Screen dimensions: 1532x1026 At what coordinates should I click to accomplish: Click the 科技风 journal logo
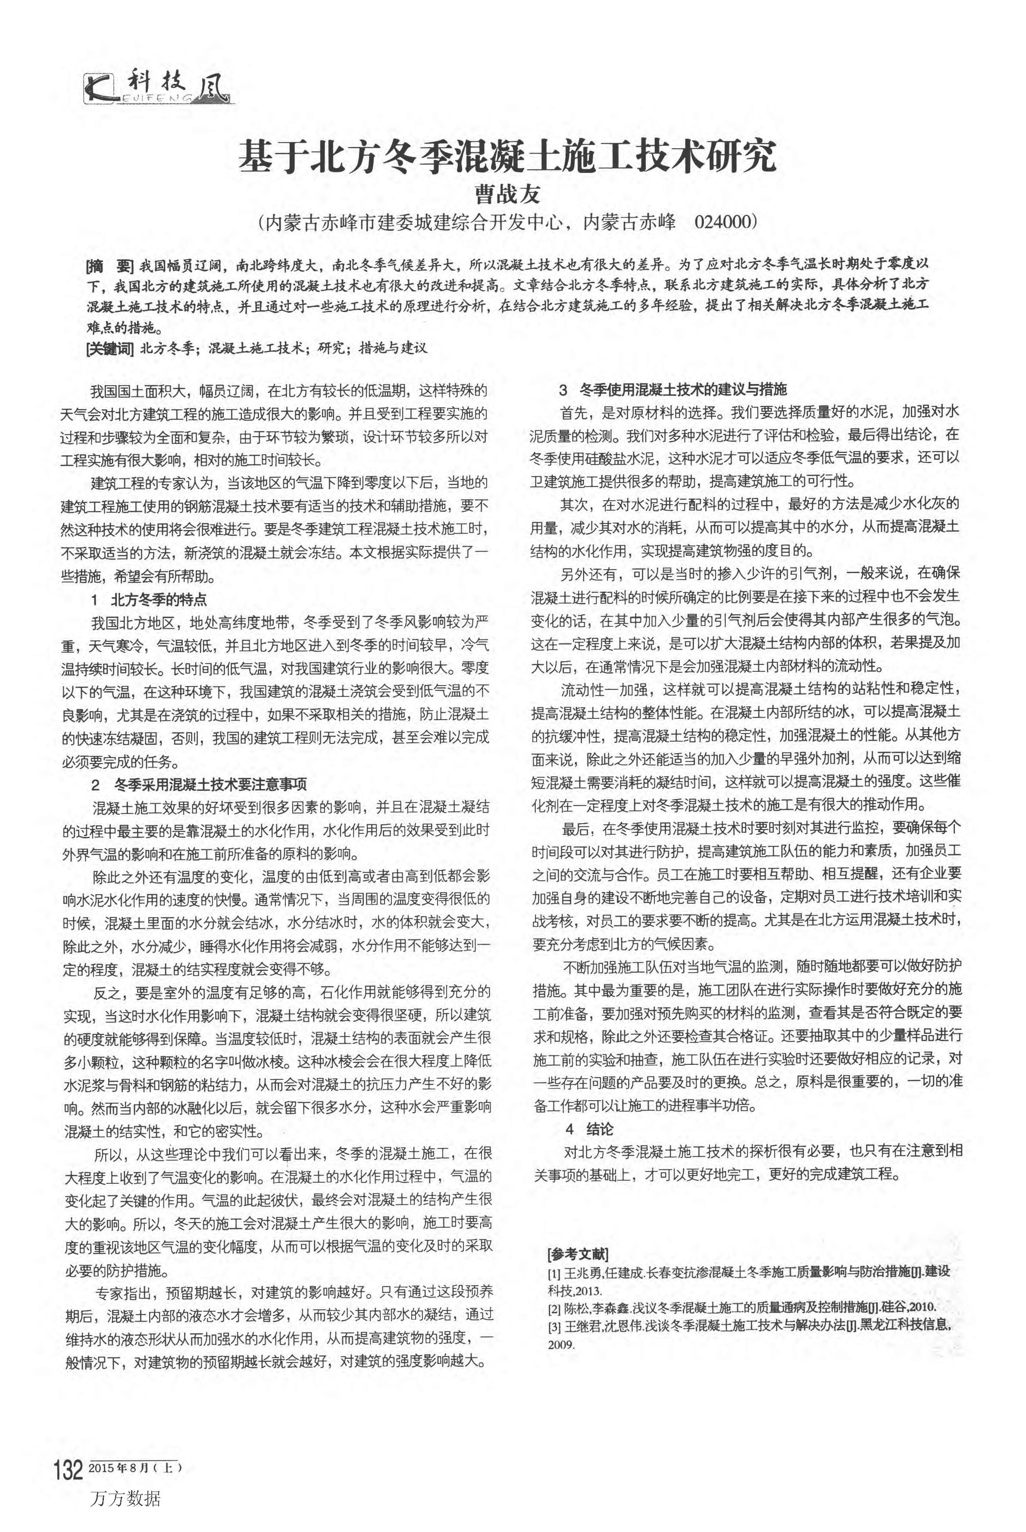coord(157,87)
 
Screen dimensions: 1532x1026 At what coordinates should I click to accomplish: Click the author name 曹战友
coord(507,194)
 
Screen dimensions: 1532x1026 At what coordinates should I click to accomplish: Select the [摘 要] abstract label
coord(109,265)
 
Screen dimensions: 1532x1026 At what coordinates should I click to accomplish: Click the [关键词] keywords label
coord(109,348)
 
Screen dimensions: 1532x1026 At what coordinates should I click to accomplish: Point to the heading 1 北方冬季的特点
coord(149,599)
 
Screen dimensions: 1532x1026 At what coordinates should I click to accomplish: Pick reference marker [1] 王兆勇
coord(554,1272)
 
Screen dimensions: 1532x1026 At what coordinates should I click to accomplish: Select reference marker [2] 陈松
coord(554,1308)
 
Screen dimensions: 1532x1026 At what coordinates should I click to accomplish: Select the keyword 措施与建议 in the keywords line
coord(393,348)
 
